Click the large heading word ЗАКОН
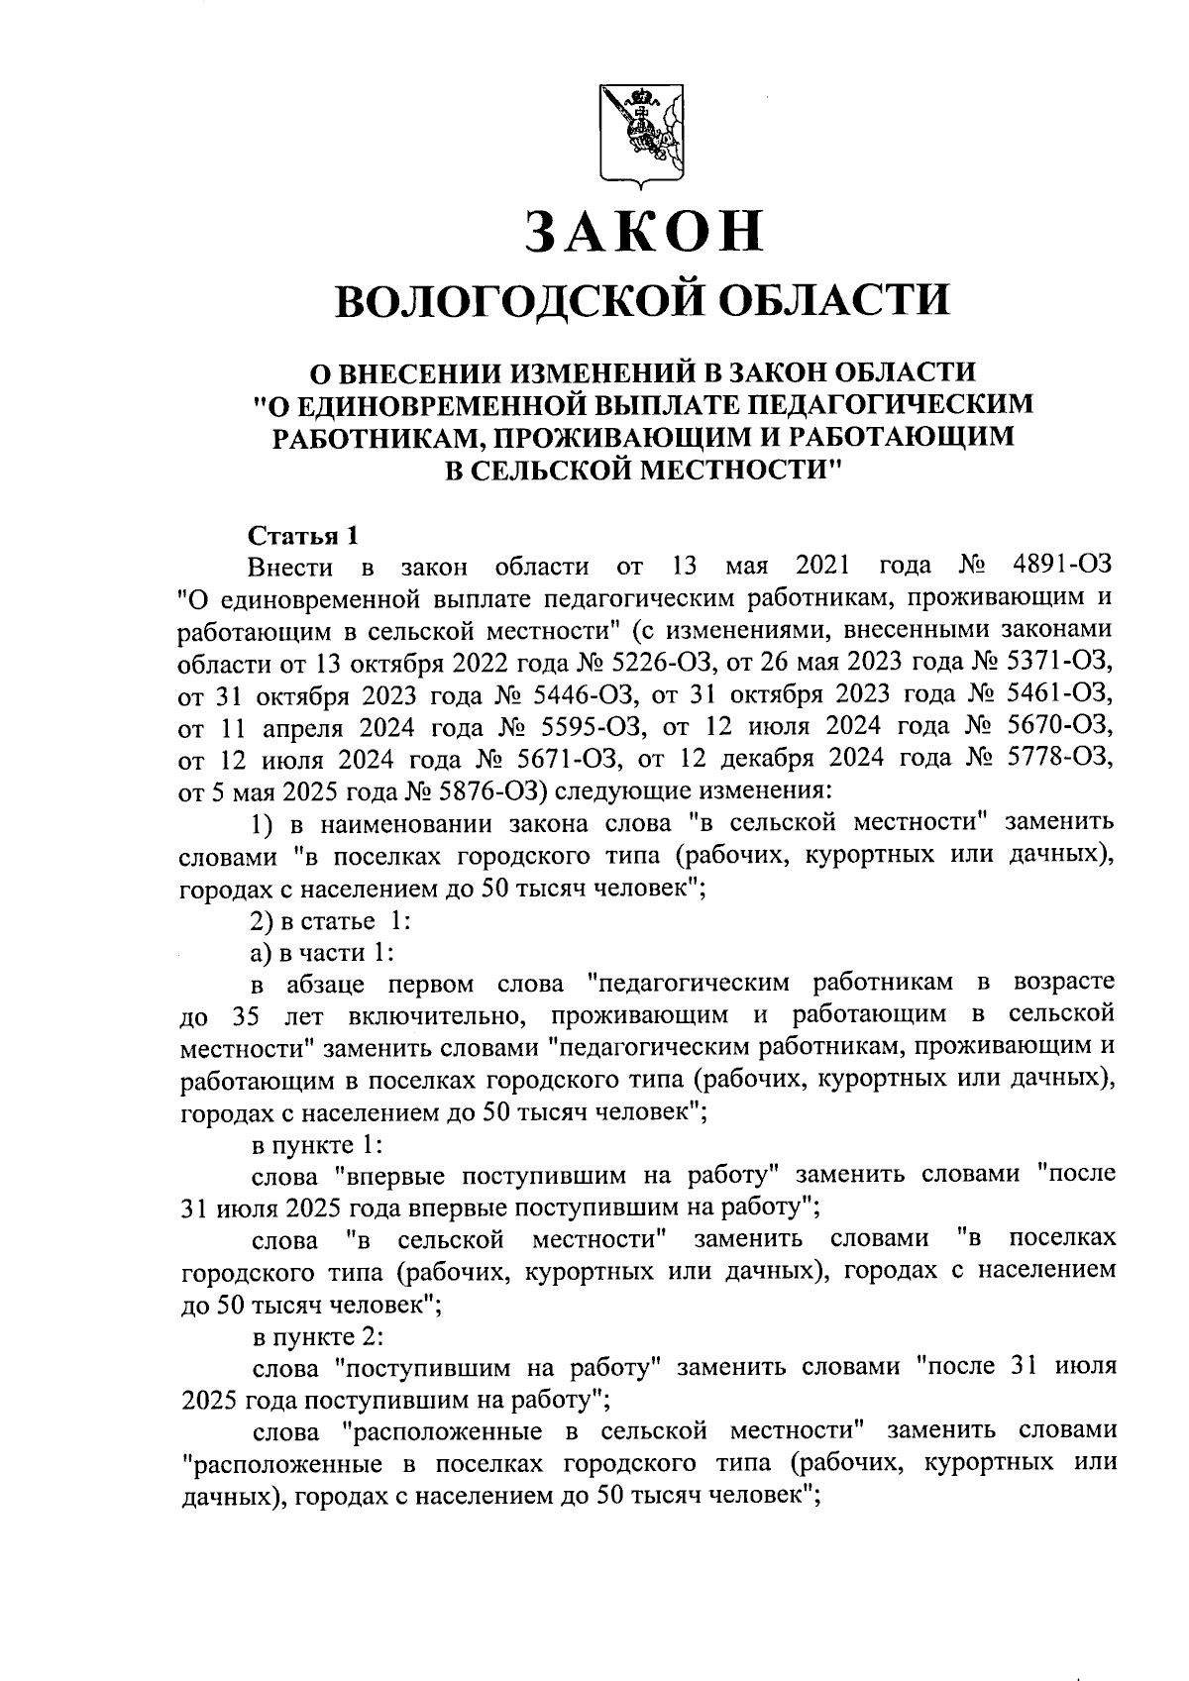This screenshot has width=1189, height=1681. coord(645,231)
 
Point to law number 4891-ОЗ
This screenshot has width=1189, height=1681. coord(1062,567)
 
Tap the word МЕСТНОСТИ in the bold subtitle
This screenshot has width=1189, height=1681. coord(734,468)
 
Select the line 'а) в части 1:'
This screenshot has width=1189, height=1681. coord(321,952)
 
